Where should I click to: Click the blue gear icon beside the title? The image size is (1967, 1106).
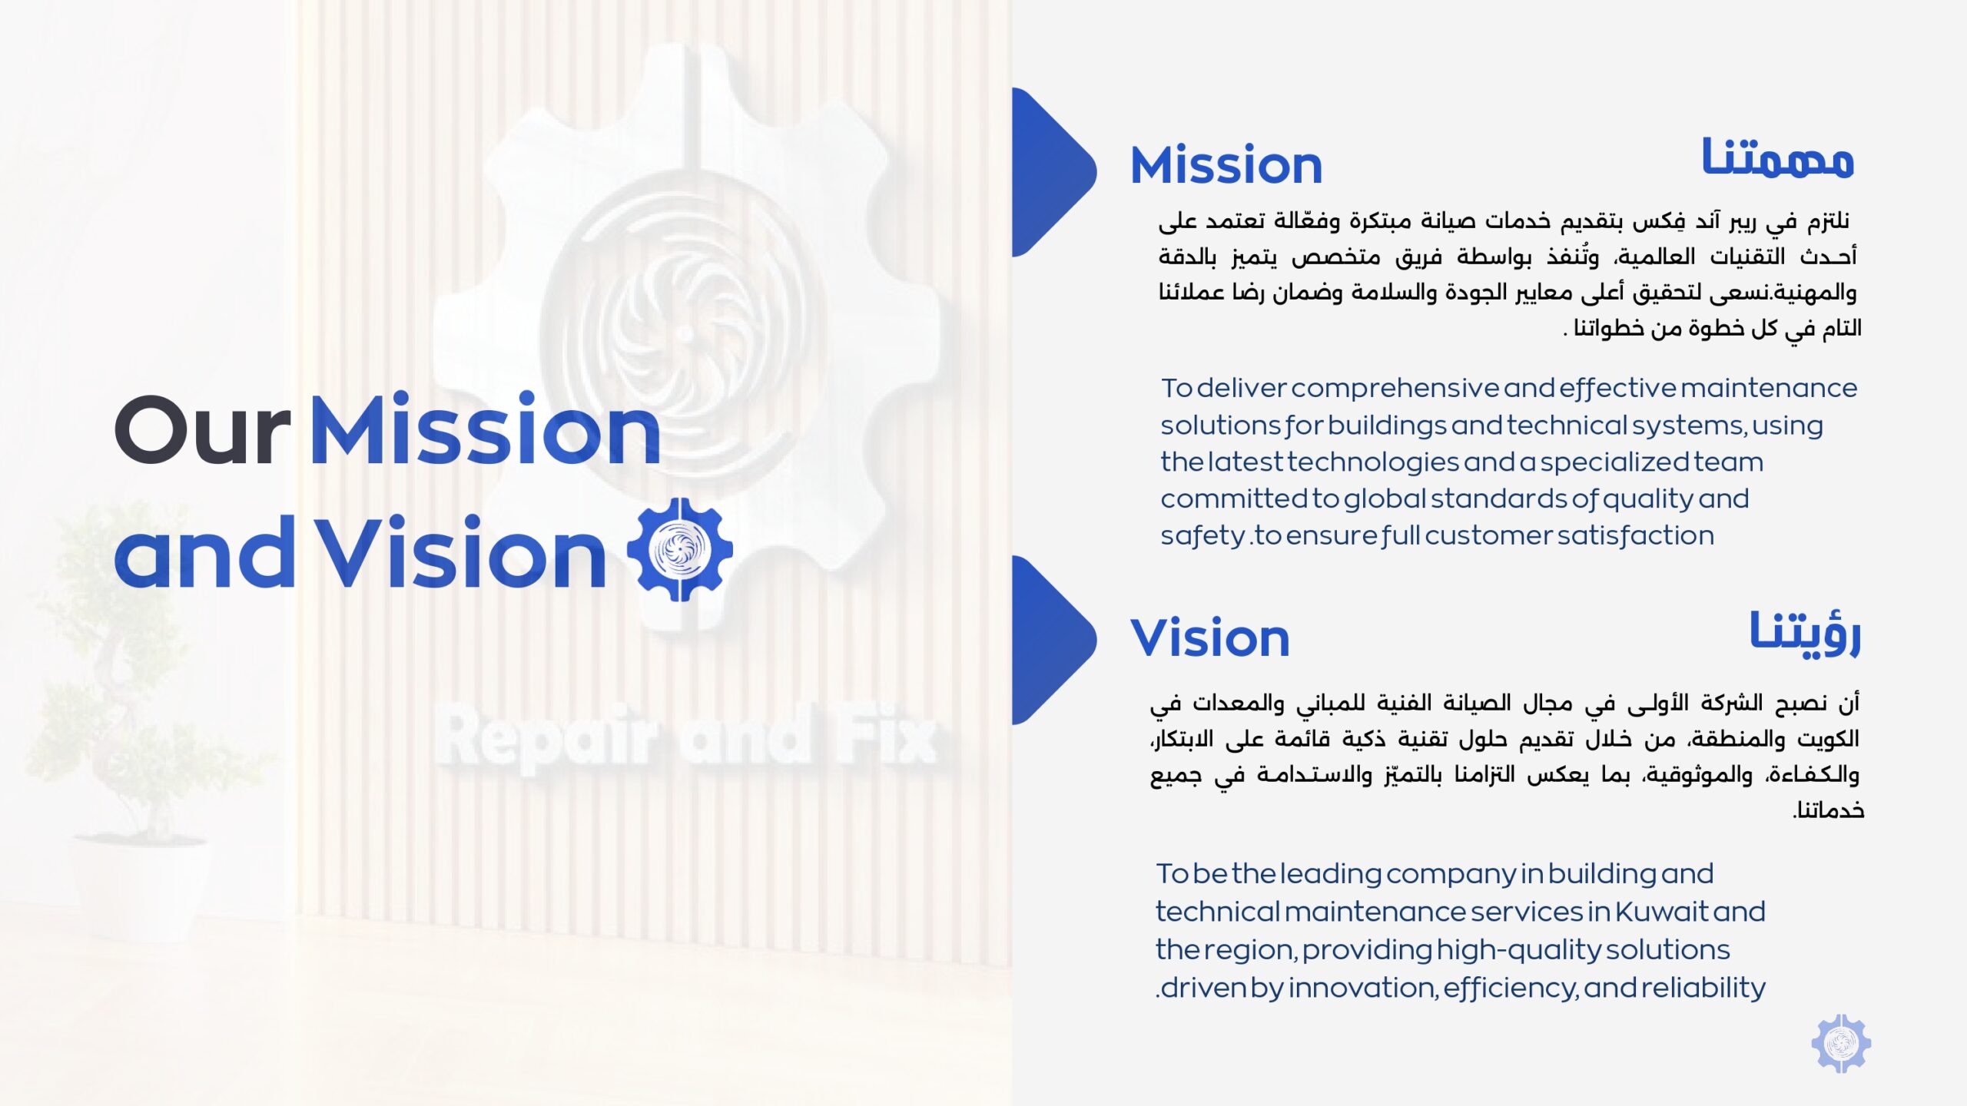pyautogui.click(x=680, y=549)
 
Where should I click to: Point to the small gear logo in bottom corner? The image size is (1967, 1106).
pyautogui.click(x=1841, y=1043)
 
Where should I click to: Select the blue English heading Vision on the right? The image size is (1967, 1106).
pyautogui.click(x=1209, y=637)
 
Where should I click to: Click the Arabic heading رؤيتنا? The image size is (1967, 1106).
pyautogui.click(x=1805, y=634)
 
